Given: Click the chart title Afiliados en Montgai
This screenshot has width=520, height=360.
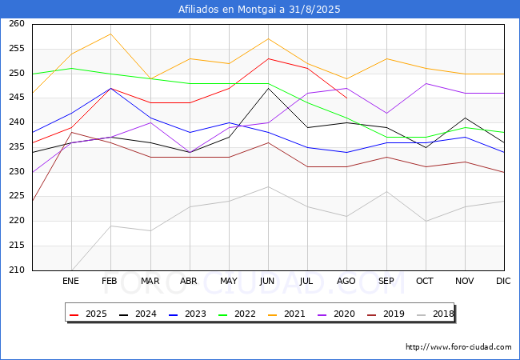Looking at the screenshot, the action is (x=259, y=10).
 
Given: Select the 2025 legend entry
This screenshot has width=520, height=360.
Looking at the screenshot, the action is (x=88, y=314).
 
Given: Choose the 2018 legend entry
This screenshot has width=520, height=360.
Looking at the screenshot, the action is (x=435, y=314).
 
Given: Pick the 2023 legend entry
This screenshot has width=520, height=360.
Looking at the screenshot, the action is (x=187, y=314).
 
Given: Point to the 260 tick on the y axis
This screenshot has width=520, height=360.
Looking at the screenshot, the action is (x=17, y=24).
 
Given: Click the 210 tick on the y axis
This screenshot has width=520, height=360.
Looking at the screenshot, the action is (x=17, y=270).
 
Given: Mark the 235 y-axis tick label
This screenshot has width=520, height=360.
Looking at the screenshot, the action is (x=17, y=147).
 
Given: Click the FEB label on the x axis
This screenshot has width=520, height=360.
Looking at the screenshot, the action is (x=110, y=281).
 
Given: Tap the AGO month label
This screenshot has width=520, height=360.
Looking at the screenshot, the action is (x=346, y=281).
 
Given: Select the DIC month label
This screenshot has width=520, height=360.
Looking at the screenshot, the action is (x=503, y=281).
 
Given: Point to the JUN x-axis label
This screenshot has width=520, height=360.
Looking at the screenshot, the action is (x=267, y=281).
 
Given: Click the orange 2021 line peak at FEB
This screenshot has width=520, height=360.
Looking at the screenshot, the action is (x=110, y=34).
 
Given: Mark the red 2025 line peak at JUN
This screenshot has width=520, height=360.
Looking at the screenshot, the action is (x=268, y=58).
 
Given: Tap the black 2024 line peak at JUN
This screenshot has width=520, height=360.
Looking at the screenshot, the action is (x=268, y=88).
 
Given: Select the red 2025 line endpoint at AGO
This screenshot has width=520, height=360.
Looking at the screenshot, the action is (x=347, y=98).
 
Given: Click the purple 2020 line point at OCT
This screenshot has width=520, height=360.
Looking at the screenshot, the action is (x=426, y=83).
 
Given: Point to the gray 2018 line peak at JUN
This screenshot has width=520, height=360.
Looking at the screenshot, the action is (x=268, y=186).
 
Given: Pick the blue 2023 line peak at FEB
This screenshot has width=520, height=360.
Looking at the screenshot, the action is (x=110, y=88).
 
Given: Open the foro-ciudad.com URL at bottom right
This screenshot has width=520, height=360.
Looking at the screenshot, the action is (x=458, y=347).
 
